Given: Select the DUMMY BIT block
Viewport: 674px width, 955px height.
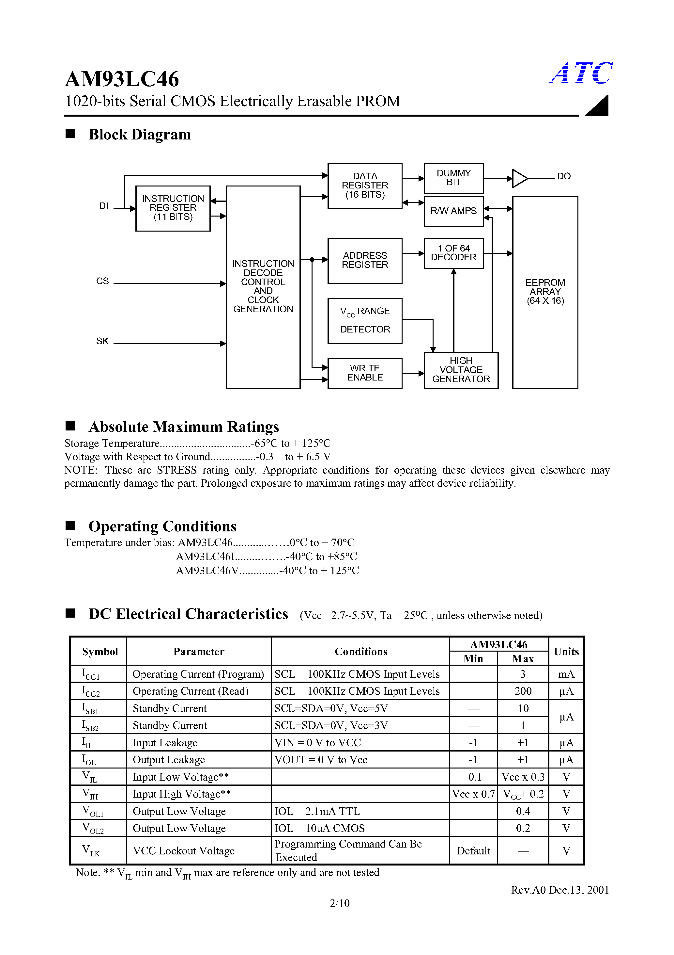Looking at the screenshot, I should pyautogui.click(x=453, y=178).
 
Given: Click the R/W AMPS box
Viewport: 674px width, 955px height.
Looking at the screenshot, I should pyautogui.click(x=453, y=211).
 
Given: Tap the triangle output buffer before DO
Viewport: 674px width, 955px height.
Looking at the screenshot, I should pyautogui.click(x=519, y=178).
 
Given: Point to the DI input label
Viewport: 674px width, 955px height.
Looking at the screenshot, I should pyautogui.click(x=103, y=206).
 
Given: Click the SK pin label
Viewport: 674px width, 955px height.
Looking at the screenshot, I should pyautogui.click(x=102, y=341).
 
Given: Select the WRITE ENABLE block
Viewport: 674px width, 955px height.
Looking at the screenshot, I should pyautogui.click(x=365, y=373).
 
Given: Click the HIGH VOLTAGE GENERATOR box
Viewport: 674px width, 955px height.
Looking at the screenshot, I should pyautogui.click(x=461, y=370).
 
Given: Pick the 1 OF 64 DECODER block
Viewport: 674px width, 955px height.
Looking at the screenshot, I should pyautogui.click(x=453, y=253).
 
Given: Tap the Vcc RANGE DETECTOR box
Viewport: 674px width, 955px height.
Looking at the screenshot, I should pyautogui.click(x=365, y=321).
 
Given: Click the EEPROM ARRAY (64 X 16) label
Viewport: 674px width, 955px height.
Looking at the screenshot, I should pyautogui.click(x=545, y=292).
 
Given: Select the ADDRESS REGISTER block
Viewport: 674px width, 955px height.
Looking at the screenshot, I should pyautogui.click(x=365, y=260).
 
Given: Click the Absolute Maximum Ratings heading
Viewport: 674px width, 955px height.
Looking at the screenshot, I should pyautogui.click(x=184, y=427).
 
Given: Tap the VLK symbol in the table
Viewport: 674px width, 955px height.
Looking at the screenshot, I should pyautogui.click(x=91, y=850).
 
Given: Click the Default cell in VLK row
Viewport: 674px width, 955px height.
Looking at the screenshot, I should pyautogui.click(x=473, y=850).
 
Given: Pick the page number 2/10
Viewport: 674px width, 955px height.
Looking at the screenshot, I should pyautogui.click(x=340, y=903).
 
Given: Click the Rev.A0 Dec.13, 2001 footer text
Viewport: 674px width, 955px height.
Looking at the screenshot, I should pyautogui.click(x=560, y=890).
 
